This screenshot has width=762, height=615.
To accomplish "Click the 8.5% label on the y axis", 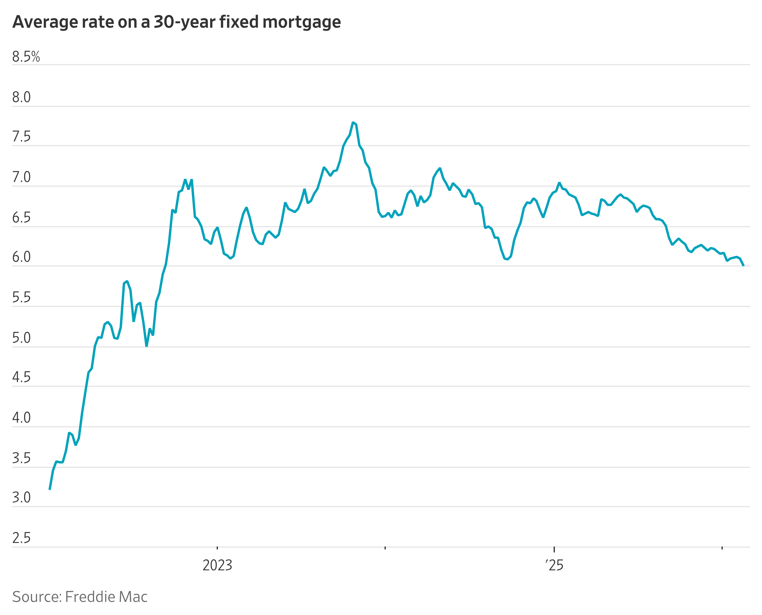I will pos(26,57).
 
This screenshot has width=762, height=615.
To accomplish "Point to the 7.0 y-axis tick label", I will pos(21,177).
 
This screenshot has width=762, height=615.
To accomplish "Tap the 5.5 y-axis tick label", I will pos(21,298).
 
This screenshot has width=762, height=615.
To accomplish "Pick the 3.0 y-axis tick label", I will pos(21,498).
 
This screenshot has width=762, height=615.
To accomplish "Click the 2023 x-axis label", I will pos(217,565).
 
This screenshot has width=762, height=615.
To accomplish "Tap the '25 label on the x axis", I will pos(554,565).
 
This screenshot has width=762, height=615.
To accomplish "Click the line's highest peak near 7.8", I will pos(353,123).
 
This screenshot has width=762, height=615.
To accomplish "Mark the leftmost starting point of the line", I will pos(50,489).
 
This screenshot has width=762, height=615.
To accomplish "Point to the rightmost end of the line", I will pos(743,265).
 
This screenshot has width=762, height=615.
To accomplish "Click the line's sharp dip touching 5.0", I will pos(146,346).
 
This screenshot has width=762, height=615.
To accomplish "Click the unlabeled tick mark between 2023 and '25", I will pos(385,548).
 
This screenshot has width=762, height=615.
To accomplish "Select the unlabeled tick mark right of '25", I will pos(722,548).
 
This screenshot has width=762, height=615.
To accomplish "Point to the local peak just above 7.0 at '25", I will pos(559,183).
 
